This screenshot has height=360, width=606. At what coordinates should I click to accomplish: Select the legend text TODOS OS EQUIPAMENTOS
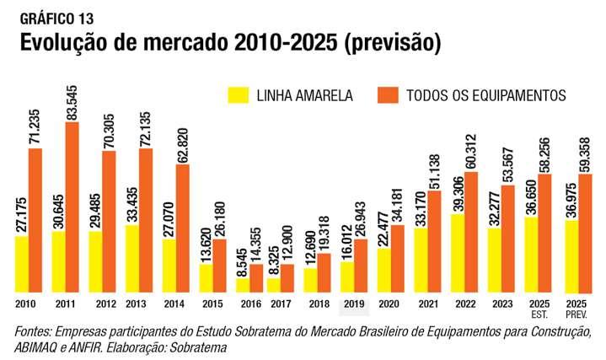point(485,94)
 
